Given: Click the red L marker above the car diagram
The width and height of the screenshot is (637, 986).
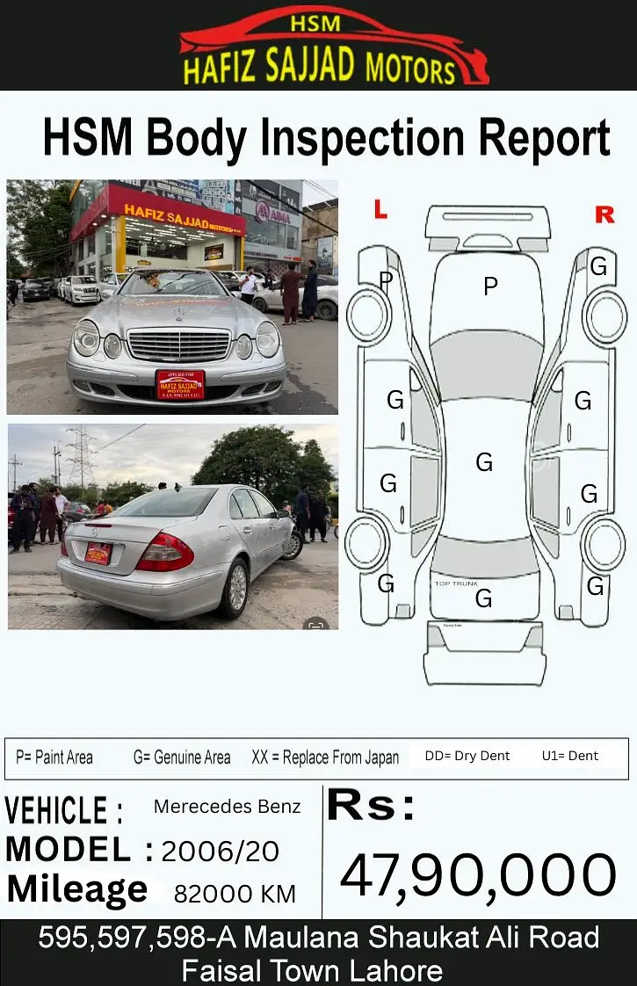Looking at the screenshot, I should point(380,209).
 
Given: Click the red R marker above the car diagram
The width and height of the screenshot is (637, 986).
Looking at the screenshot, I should point(604,214).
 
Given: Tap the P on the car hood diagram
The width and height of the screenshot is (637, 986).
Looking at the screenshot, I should point(490,286).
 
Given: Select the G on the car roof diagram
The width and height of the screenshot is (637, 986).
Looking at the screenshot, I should point(484,462).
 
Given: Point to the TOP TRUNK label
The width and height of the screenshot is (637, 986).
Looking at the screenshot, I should point(456,584).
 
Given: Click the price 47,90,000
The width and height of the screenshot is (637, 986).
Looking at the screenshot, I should point(478,876).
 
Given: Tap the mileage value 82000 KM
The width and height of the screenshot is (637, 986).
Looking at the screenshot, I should point(235,894).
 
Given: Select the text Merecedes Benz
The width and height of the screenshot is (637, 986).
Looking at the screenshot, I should point(227,807).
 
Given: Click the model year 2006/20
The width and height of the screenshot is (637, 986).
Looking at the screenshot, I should point(221,851).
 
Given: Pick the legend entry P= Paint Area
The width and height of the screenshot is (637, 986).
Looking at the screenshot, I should point(54,758).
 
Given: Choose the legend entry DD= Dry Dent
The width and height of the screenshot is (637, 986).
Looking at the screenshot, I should point(467,756).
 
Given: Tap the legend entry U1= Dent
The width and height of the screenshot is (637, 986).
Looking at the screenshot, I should point(570,756).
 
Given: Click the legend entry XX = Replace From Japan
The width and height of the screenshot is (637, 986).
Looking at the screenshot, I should point(325,758).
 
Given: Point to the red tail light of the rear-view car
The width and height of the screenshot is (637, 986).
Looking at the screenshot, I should point(165,552).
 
